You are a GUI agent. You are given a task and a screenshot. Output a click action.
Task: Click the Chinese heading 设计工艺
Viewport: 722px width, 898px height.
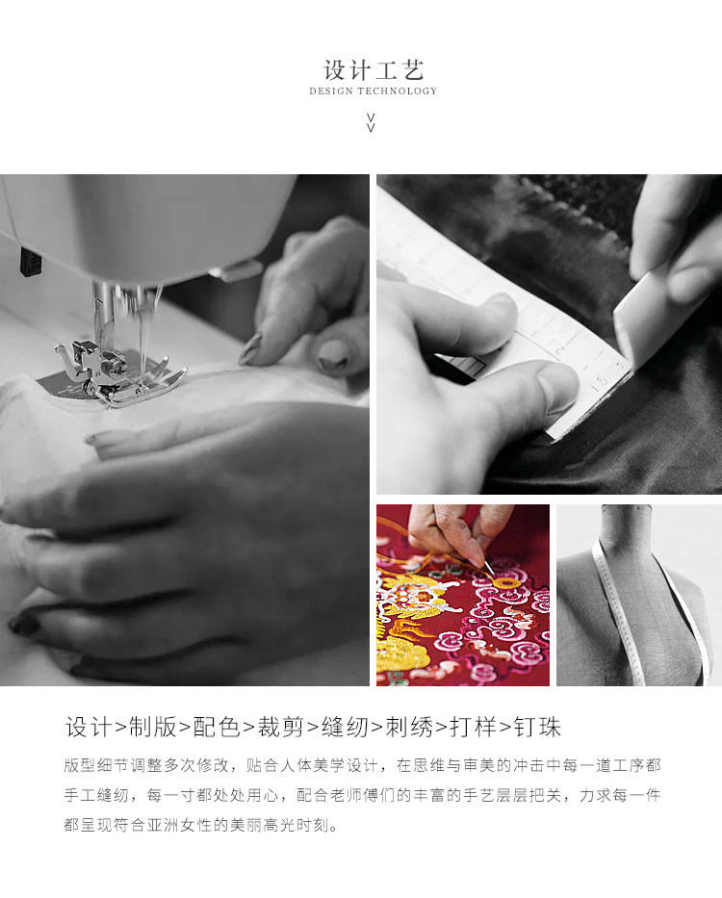click(x=374, y=70)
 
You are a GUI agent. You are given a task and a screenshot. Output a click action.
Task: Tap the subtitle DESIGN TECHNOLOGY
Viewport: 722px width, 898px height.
click(x=374, y=91)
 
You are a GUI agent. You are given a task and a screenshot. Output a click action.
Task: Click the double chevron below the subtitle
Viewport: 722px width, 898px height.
click(x=371, y=122)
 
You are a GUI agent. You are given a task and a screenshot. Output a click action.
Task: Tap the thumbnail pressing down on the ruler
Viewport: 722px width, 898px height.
click(x=554, y=390)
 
